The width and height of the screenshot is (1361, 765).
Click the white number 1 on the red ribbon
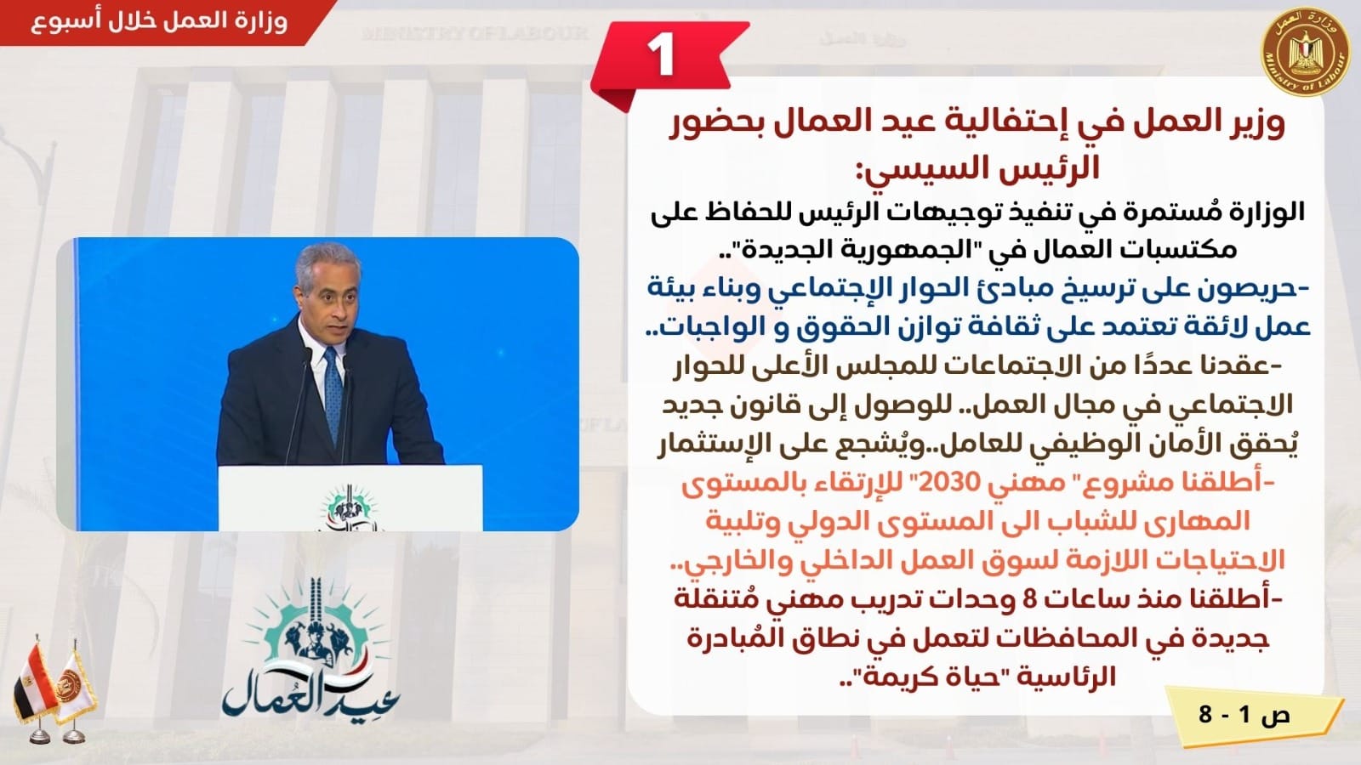pyautogui.click(x=660, y=54)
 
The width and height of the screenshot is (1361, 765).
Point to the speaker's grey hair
pyautogui.click(x=328, y=261)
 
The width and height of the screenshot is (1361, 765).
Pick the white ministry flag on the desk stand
pyautogui.click(x=75, y=689)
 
